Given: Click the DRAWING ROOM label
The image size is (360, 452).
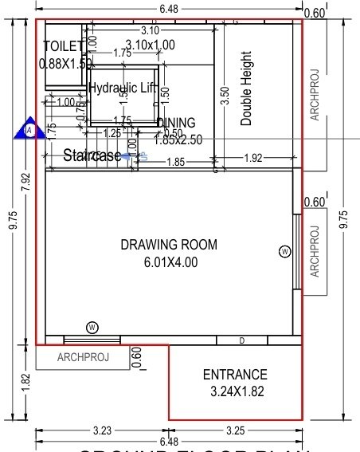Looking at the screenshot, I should coord(168,245).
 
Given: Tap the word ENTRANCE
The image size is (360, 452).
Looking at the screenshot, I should coord(235,375).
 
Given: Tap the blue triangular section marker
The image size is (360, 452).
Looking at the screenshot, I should coord(29,129).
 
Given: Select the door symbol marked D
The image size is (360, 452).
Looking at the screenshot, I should coord(242,340).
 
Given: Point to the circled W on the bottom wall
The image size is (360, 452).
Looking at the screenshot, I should coord(92,327).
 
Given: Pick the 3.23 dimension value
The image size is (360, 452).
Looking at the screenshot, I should coord(102,430).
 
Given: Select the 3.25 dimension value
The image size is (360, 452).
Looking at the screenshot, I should coord(235,430).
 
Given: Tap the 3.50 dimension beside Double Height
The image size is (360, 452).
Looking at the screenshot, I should coord(225,96).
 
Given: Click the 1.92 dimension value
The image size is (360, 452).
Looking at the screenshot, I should coord(252,158).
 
